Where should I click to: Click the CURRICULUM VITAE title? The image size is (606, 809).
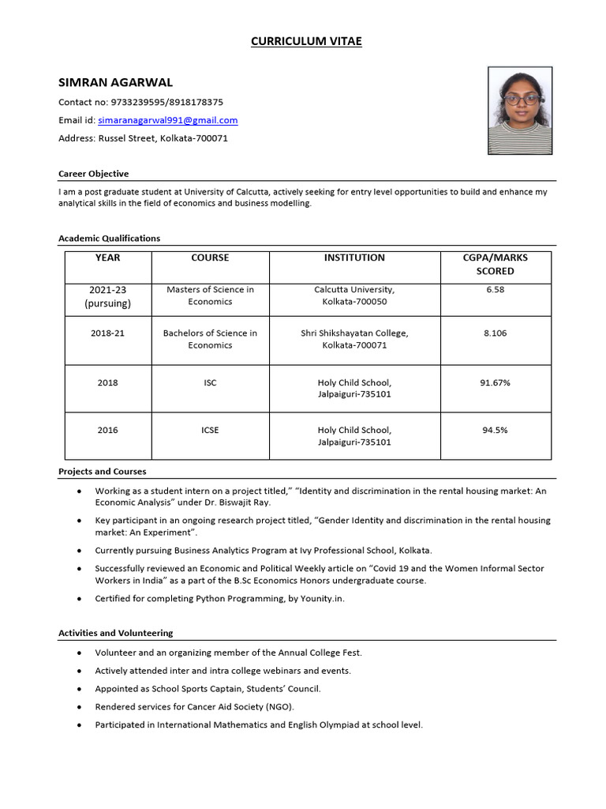pyautogui.click(x=306, y=41)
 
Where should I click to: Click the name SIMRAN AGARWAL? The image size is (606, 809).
pyautogui.click(x=115, y=82)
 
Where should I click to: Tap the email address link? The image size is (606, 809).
pyautogui.click(x=167, y=120)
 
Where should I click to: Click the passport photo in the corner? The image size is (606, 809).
pyautogui.click(x=520, y=110)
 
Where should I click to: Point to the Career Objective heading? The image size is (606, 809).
pyautogui.click(x=93, y=173)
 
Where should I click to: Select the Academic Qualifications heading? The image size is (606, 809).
pyautogui.click(x=109, y=238)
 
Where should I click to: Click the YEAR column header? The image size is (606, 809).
pyautogui.click(x=107, y=258)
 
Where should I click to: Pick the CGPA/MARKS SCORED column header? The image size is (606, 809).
pyautogui.click(x=495, y=264)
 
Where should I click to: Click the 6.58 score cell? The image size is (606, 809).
pyautogui.click(x=495, y=289)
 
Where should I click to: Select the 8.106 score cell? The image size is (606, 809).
pyautogui.click(x=495, y=333)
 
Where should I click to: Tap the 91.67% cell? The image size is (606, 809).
pyautogui.click(x=495, y=382)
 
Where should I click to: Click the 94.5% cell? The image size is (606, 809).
pyautogui.click(x=495, y=430)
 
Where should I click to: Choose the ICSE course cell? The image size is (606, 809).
pyautogui.click(x=210, y=430)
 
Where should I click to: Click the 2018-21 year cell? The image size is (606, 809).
pyautogui.click(x=107, y=333)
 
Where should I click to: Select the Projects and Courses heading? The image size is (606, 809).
pyautogui.click(x=102, y=472)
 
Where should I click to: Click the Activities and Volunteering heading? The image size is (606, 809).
pyautogui.click(x=115, y=633)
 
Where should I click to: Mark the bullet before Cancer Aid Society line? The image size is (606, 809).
pyautogui.click(x=79, y=706)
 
